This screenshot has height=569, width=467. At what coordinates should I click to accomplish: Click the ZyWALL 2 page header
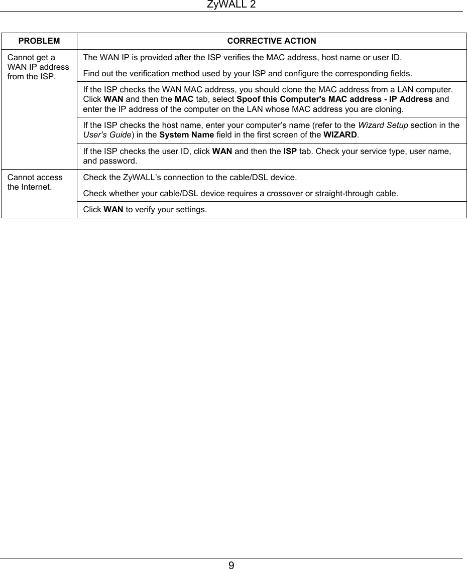(x=231, y=5)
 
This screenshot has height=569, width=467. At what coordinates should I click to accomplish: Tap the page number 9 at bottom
(x=231, y=565)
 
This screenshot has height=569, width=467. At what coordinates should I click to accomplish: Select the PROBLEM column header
(x=39, y=41)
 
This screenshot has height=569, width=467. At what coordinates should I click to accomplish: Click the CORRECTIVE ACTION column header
(x=272, y=41)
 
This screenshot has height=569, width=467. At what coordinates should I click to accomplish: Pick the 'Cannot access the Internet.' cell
(x=35, y=182)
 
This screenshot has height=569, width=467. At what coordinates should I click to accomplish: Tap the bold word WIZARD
(x=339, y=134)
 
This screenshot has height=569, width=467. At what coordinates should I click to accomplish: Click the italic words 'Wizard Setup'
(x=383, y=125)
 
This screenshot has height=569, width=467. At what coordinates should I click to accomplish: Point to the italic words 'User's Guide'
(x=104, y=134)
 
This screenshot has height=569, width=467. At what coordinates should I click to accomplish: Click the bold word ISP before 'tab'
(x=289, y=151)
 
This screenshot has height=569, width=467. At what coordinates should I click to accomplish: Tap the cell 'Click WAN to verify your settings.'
(x=145, y=210)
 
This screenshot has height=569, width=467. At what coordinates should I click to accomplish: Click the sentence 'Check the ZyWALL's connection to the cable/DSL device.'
(x=190, y=177)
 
